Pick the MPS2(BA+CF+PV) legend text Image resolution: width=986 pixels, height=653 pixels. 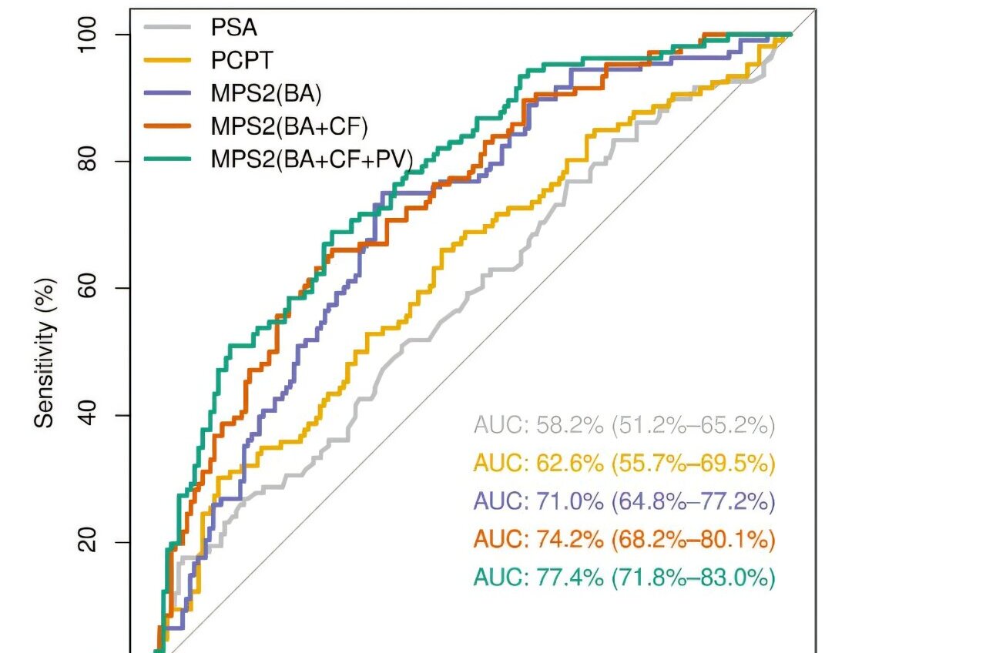312,159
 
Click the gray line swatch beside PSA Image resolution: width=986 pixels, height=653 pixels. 167,28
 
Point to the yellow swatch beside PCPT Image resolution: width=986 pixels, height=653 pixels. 167,61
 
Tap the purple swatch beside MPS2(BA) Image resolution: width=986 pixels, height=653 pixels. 167,93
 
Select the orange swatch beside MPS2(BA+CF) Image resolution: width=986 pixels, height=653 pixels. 167,126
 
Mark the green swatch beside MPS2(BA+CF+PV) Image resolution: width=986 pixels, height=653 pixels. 167,159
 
